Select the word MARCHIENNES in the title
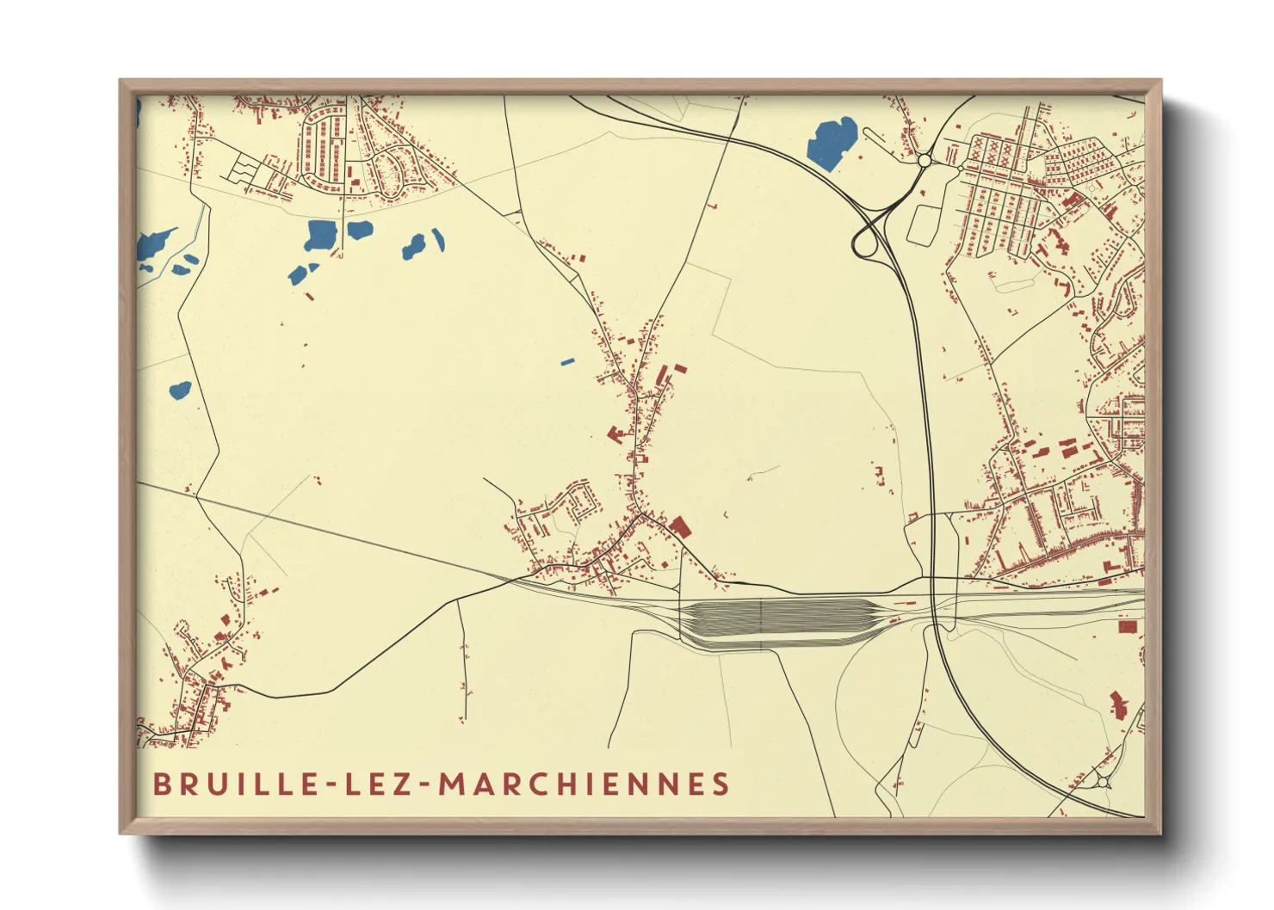(x=584, y=784)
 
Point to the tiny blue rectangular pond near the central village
(x=566, y=362)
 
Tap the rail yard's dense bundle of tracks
(x=775, y=621)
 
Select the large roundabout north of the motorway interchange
(x=925, y=160)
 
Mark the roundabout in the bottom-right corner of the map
(x=1104, y=781)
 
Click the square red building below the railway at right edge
(x=1126, y=627)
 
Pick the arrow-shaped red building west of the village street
(x=616, y=433)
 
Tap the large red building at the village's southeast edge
(x=680, y=526)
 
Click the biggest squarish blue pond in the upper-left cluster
(x=322, y=234)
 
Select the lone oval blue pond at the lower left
(x=180, y=390)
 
